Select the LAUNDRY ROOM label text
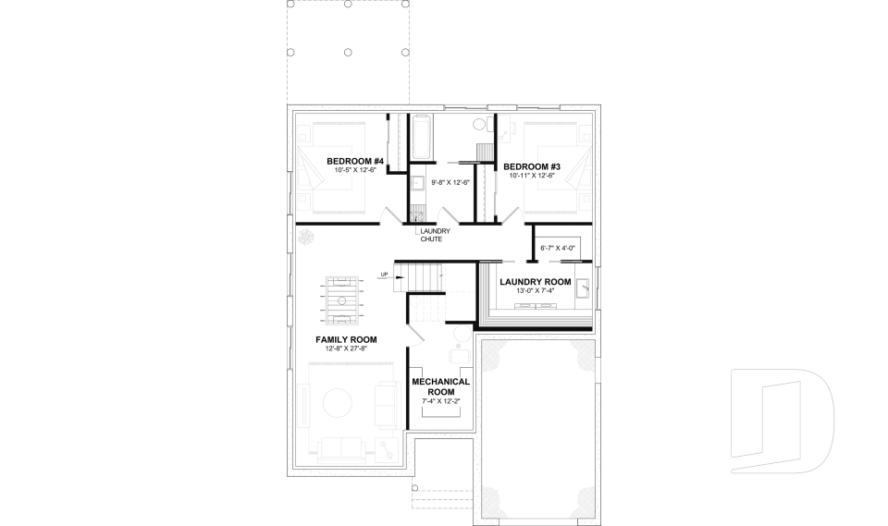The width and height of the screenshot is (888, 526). click(x=536, y=282)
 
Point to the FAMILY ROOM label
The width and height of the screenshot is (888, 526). click(x=344, y=339)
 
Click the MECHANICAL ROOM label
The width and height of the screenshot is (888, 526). click(x=440, y=386)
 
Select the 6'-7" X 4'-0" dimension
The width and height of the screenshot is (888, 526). click(x=558, y=248)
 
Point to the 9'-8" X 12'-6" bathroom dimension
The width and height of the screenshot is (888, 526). click(x=450, y=182)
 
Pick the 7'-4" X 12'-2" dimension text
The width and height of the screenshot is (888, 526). click(x=440, y=401)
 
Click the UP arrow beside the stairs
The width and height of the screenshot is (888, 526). click(x=384, y=274)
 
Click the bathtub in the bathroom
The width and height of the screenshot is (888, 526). click(x=422, y=137)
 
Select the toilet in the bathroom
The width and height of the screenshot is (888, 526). click(x=480, y=124)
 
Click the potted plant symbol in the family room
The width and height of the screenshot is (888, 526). click(x=305, y=239)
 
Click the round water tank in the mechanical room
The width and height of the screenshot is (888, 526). click(x=460, y=335)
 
